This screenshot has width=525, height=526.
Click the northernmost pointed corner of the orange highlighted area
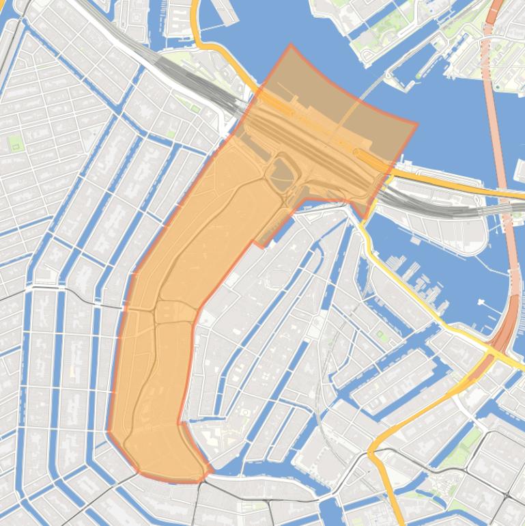coord(290,45)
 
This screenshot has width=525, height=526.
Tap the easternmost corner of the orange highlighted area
coord(416,124)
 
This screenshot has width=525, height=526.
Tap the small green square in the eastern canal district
coord(381,335)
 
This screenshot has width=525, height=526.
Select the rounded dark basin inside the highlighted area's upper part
coord(283,174)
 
